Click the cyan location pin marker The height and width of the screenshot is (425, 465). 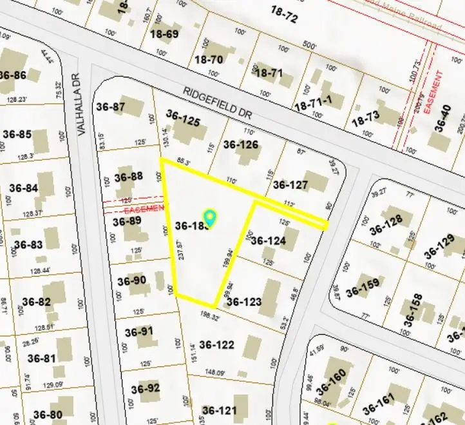[209, 217]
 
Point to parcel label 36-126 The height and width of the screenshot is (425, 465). [240, 144]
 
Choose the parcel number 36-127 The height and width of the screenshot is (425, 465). [290, 184]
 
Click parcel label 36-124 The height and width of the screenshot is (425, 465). [268, 241]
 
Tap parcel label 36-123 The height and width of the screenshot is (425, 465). [244, 301]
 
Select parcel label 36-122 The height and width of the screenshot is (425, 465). [217, 345]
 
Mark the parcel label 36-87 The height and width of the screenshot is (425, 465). [109, 106]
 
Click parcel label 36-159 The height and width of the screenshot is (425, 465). [363, 291]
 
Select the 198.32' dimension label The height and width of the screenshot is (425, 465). [211, 317]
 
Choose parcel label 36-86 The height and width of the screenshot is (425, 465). [13, 75]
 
